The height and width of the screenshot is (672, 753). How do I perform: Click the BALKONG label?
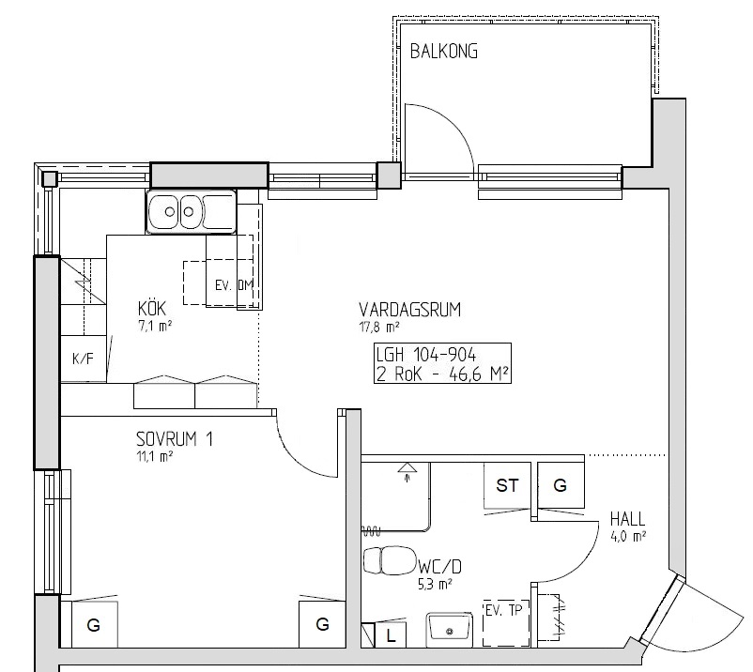(444, 52)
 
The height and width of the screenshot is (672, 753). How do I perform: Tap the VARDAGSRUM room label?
(409, 310)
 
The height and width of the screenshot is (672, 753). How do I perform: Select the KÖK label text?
(152, 308)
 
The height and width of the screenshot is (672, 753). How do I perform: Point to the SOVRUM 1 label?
(175, 439)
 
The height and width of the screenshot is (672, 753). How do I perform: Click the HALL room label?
(627, 519)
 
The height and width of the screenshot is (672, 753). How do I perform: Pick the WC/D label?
(439, 567)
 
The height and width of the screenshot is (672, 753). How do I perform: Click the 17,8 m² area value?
(379, 327)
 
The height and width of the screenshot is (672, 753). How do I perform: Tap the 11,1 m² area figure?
(155, 456)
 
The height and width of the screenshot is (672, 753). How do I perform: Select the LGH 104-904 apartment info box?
(442, 363)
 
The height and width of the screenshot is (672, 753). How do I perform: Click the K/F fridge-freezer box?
(83, 359)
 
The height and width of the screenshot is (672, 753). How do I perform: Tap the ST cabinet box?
(508, 485)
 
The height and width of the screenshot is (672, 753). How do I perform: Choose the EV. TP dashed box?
(506, 622)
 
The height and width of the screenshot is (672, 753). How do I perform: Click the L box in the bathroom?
(391, 636)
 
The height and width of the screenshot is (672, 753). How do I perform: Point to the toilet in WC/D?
(389, 560)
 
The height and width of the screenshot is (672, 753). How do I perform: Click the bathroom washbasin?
(449, 626)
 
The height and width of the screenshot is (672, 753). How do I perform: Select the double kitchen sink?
(192, 211)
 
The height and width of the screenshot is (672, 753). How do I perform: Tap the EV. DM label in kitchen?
(234, 285)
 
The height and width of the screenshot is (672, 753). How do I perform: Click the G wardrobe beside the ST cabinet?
(561, 485)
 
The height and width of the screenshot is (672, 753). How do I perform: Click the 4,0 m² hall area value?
(628, 536)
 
